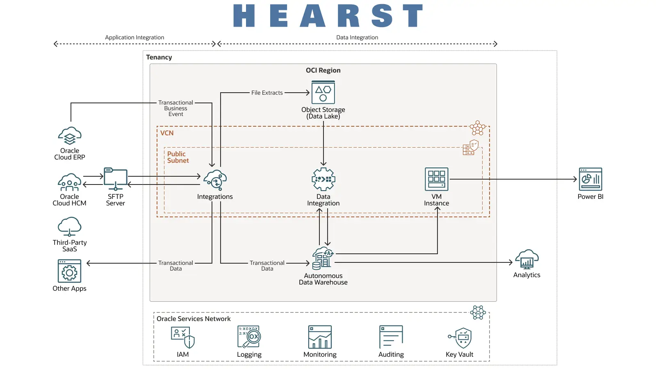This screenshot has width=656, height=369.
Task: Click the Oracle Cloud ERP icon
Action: (x=70, y=136)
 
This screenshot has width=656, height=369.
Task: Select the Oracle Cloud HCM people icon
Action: (x=70, y=182)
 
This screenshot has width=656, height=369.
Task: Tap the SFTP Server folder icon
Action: (x=116, y=179)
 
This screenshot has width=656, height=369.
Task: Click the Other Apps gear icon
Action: (x=70, y=271)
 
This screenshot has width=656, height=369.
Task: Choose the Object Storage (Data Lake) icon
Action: (x=323, y=92)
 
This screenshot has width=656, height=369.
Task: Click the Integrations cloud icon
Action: (x=215, y=180)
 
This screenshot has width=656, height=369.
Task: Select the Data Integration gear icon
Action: (x=323, y=179)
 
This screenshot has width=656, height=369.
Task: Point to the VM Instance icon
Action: (x=437, y=179)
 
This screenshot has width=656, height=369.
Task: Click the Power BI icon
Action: (x=590, y=179)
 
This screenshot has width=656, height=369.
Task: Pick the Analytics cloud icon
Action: (x=527, y=260)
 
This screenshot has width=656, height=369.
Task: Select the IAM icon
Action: (x=183, y=337)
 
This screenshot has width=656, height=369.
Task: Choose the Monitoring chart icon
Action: (x=320, y=337)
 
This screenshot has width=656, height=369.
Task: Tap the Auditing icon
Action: (x=391, y=337)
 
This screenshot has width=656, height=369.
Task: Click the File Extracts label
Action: (x=267, y=93)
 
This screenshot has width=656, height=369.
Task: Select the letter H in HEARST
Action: (x=244, y=16)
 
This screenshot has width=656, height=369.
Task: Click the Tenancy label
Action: (x=159, y=57)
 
